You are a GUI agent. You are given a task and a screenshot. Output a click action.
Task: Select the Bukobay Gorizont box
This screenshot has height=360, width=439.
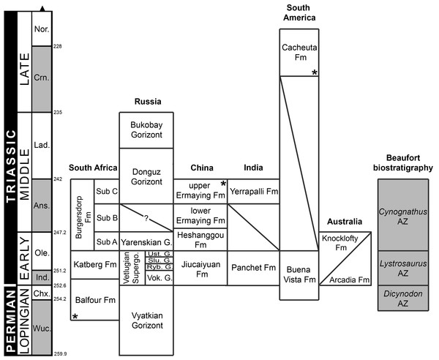pos(146,130)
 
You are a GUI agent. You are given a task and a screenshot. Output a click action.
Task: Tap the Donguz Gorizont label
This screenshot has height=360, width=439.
pos(146,176)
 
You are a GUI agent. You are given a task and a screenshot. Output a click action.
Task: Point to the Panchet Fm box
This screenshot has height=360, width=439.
pos(253,267)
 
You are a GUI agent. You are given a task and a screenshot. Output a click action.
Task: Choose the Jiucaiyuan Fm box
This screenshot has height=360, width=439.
pos(200,267)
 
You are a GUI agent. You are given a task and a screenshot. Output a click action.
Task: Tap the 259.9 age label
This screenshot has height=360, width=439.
pos(59,354)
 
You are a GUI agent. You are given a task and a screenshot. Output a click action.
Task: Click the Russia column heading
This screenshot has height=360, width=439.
pos(146,102)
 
